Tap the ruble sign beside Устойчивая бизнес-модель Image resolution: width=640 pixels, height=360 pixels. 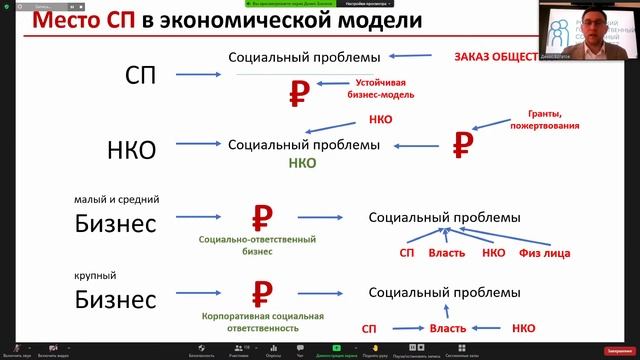pos(297,93)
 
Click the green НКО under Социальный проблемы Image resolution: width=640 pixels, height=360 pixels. pos(304,162)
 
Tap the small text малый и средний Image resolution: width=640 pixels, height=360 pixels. pos(116,200)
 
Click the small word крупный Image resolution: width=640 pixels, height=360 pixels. pos(96,272)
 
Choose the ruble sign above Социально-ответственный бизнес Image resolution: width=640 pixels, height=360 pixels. pos(261,216)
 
